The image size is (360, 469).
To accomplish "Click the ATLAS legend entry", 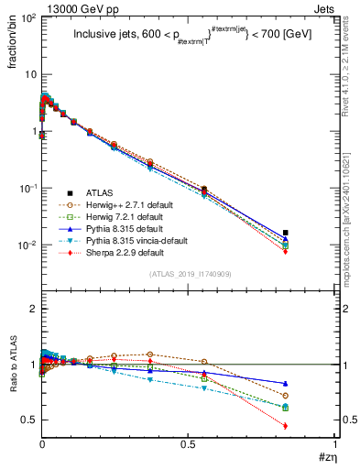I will click(x=98, y=193).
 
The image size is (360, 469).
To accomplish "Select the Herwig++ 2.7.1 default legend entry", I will click(x=123, y=205).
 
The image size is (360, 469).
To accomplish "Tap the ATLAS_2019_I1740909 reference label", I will click(x=190, y=274).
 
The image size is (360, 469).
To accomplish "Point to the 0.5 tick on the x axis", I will click(x=189, y=444).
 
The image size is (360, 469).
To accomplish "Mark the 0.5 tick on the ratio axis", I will click(x=27, y=420).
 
